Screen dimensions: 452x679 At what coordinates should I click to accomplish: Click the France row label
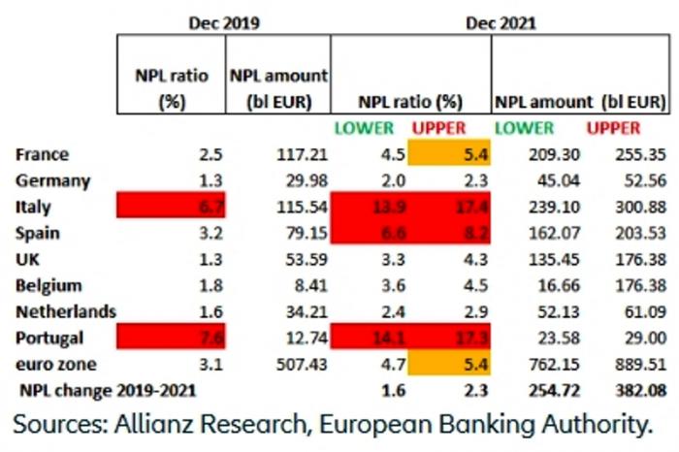(43, 154)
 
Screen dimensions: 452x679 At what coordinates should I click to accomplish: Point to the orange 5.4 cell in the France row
(450, 154)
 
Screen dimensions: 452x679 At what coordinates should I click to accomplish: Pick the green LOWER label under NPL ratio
(365, 128)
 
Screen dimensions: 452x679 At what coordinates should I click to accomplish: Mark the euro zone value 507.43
(297, 364)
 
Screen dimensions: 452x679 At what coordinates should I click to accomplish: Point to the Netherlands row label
(66, 311)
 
